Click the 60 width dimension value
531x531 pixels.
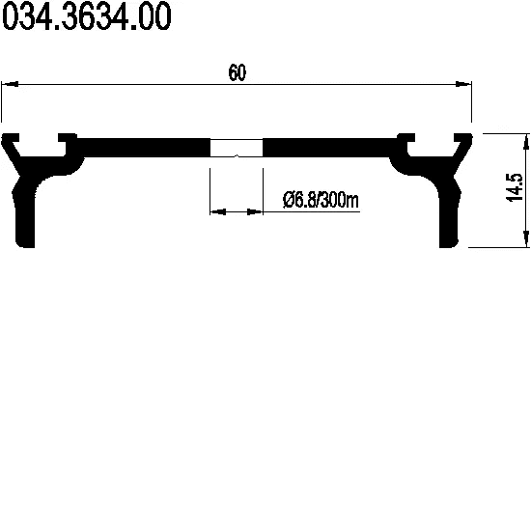238,72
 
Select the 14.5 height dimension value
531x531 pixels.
515,187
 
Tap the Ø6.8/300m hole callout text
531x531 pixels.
321,200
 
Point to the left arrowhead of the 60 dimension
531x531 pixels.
11,84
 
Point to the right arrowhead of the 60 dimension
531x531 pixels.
462,84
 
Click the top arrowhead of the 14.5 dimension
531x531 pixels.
526,142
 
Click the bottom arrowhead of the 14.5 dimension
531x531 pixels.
526,238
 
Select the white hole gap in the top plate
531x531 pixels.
237,148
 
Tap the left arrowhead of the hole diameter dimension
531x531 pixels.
218,212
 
